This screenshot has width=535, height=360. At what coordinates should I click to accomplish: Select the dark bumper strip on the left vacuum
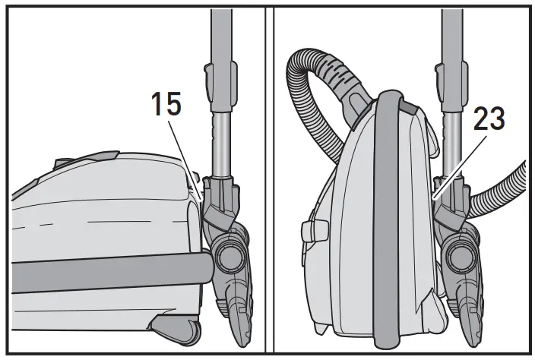coord(106,270)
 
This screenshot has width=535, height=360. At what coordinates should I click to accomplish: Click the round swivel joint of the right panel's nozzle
coord(462,253)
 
